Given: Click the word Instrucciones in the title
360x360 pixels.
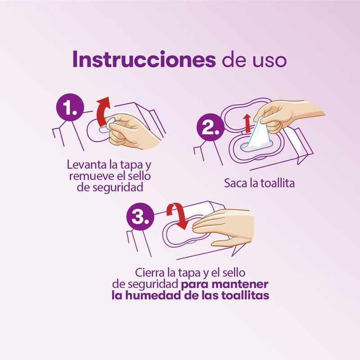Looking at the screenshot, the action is pos(144,59).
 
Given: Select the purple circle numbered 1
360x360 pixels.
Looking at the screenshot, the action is pos(70,107).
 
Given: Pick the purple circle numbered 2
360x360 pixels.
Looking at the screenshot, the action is pos(210,127).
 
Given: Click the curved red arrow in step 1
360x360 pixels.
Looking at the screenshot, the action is pos(103,111).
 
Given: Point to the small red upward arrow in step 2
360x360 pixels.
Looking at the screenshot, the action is pos(247,123).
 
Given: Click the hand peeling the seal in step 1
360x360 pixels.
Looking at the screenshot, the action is pos(133,131).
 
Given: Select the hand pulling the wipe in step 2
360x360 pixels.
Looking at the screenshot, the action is pos(287,115).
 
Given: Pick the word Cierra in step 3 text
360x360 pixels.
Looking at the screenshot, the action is pos(149,273).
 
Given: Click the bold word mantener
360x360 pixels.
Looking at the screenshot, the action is pos(240,284).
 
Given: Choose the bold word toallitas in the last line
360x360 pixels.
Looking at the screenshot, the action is pos(245,295).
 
